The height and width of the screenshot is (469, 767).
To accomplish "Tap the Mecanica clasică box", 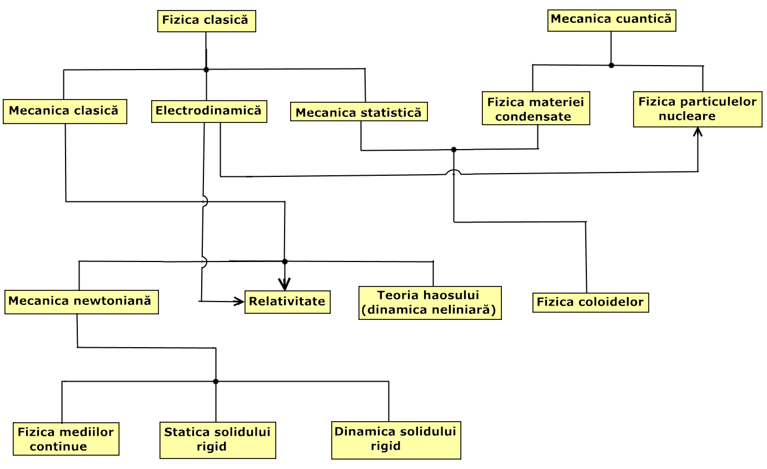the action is click(x=64, y=111).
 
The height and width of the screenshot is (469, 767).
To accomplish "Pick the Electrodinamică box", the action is click(x=208, y=111).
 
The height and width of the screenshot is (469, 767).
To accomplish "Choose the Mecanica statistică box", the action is click(x=359, y=112).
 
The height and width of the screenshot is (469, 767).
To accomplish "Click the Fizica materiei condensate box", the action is click(x=536, y=109).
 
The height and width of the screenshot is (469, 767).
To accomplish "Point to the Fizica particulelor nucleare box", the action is click(x=698, y=110).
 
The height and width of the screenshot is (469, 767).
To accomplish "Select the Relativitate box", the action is click(x=287, y=302).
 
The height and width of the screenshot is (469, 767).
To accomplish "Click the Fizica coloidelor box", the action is click(x=590, y=303).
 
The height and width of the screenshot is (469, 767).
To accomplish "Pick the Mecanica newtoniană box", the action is click(x=81, y=302).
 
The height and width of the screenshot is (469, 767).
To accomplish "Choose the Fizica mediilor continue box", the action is click(x=66, y=440).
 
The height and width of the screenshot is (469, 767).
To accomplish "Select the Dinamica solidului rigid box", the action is click(x=396, y=440).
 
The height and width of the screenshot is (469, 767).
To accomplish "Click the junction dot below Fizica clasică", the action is click(x=206, y=70).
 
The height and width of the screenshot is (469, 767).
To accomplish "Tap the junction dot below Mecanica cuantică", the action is click(x=611, y=65).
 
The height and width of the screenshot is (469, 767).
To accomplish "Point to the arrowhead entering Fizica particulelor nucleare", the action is click(x=698, y=132).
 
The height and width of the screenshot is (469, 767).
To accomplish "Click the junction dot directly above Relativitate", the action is click(x=285, y=261).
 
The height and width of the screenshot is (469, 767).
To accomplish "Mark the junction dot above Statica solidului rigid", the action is click(x=216, y=382).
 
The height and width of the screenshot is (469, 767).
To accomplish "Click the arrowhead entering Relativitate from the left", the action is click(x=240, y=302).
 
